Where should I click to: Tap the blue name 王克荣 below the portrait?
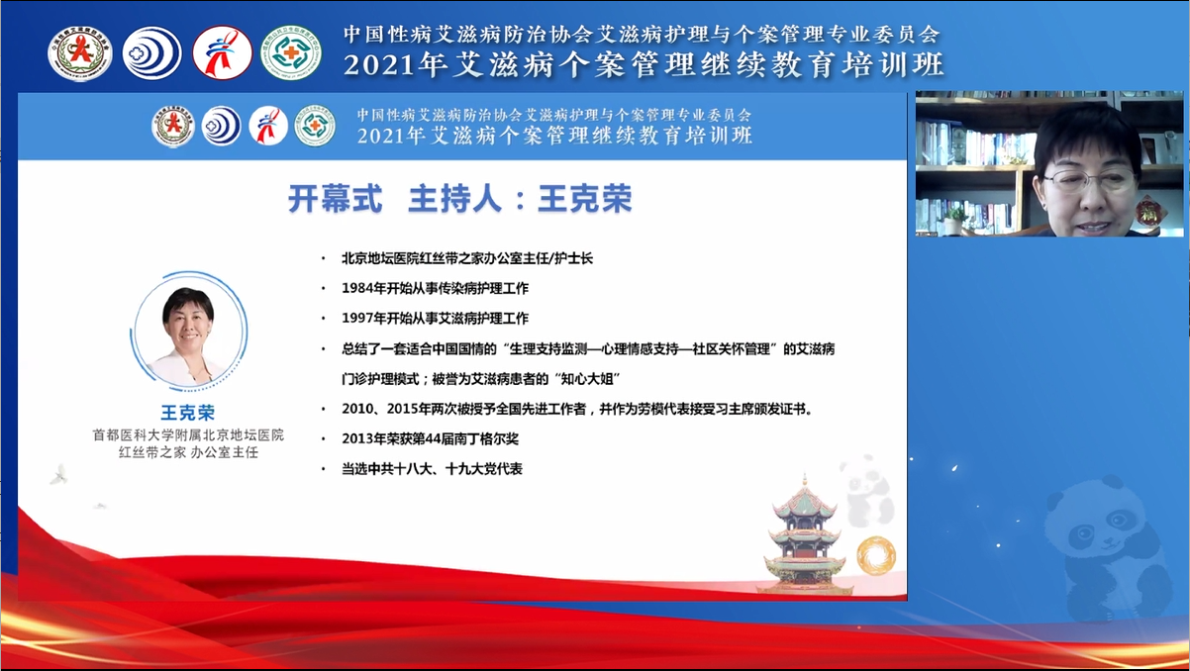pyautogui.click(x=187, y=413)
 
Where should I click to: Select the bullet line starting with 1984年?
pyautogui.click(x=436, y=288)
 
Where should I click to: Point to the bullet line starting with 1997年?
pyautogui.click(x=436, y=319)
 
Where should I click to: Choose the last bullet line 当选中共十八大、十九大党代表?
pyautogui.click(x=432, y=468)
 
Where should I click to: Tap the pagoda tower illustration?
pyautogui.click(x=804, y=535)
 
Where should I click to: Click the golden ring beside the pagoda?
pyautogui.click(x=875, y=555)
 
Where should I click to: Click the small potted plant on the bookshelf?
pyautogui.click(x=955, y=218)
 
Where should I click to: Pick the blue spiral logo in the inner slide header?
pyautogui.click(x=222, y=127)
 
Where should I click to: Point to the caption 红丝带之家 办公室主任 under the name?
pyautogui.click(x=187, y=452)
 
